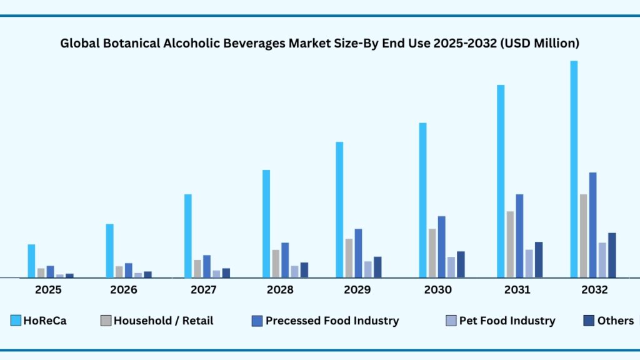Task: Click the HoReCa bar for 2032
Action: pyautogui.click(x=574, y=169)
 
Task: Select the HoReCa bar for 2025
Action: pyautogui.click(x=31, y=261)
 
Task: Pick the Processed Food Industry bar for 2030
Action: pyautogui.click(x=441, y=246)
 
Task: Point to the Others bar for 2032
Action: pyautogui.click(x=612, y=255)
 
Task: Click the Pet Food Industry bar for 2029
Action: pyautogui.click(x=368, y=269)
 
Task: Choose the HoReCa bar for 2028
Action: pyautogui.click(x=266, y=223)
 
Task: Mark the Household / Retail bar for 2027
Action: pyautogui.click(x=197, y=268)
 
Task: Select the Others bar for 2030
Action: pyautogui.click(x=461, y=264)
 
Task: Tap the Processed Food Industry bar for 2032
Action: pyautogui.click(x=592, y=224)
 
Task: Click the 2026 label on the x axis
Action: pyautogui.click(x=124, y=290)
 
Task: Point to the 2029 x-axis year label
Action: pyautogui.click(x=357, y=290)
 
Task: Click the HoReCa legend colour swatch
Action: pyautogui.click(x=16, y=321)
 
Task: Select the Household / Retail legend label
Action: pyautogui.click(x=163, y=321)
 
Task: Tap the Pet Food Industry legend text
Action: pyautogui.click(x=507, y=321)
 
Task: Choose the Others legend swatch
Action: pyautogui.click(x=589, y=321)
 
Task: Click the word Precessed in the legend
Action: pyautogui.click(x=292, y=321)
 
